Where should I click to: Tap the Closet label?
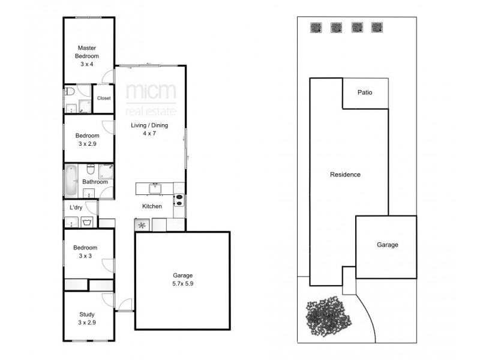click(104, 98)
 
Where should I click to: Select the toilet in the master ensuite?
click(71, 92)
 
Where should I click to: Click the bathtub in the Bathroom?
click(71, 179)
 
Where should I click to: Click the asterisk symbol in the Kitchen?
click(143, 226)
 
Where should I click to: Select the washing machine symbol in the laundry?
click(88, 223)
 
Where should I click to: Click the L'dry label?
click(76, 208)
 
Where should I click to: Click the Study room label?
click(87, 318)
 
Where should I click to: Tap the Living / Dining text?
click(150, 125)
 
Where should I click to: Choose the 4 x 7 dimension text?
click(150, 134)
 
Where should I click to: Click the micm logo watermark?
click(151, 94)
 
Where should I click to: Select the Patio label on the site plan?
click(365, 92)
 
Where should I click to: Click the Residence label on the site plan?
click(345, 175)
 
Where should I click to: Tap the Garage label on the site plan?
click(387, 245)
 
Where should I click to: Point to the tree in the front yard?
click(328, 316)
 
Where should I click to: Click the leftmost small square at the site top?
click(316, 27)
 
